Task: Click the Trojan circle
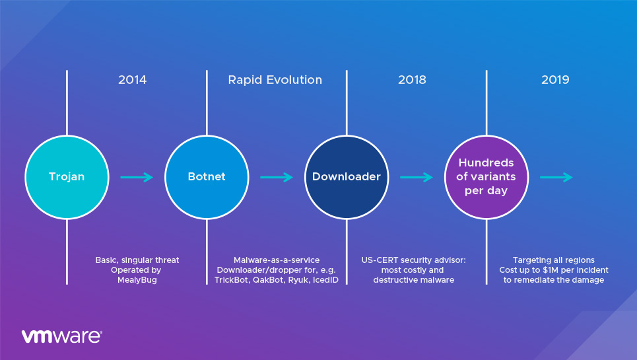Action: (67, 177)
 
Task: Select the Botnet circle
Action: (207, 177)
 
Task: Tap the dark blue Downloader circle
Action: (347, 177)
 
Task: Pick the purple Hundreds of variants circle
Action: (486, 177)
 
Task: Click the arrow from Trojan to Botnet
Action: (137, 177)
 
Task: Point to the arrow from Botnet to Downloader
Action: (277, 177)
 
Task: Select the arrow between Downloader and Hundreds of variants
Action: (417, 177)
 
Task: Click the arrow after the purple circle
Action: (556, 177)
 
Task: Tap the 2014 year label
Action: (132, 80)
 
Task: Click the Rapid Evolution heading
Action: (275, 80)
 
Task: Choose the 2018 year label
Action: (412, 80)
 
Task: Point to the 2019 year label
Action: (555, 80)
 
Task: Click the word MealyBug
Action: (136, 280)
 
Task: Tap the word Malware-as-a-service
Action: (277, 260)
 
